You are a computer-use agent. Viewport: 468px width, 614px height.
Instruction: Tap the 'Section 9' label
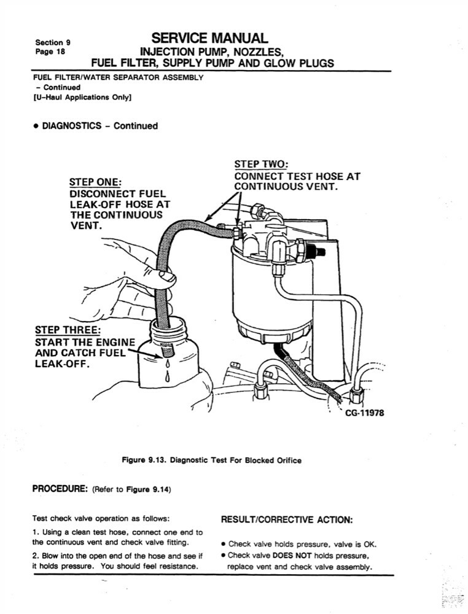[x=53, y=42]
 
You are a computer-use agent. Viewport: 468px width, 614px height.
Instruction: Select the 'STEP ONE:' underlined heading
[x=95, y=182]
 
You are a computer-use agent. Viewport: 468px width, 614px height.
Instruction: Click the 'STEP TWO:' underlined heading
[x=261, y=165]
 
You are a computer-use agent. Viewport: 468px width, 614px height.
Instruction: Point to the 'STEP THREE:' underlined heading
[x=68, y=331]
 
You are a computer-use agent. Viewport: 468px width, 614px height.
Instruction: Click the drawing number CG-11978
[x=364, y=413]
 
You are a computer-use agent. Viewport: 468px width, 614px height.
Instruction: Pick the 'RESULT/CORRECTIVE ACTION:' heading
[x=286, y=520]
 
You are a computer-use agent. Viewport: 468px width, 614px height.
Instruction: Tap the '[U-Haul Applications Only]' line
[x=83, y=97]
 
